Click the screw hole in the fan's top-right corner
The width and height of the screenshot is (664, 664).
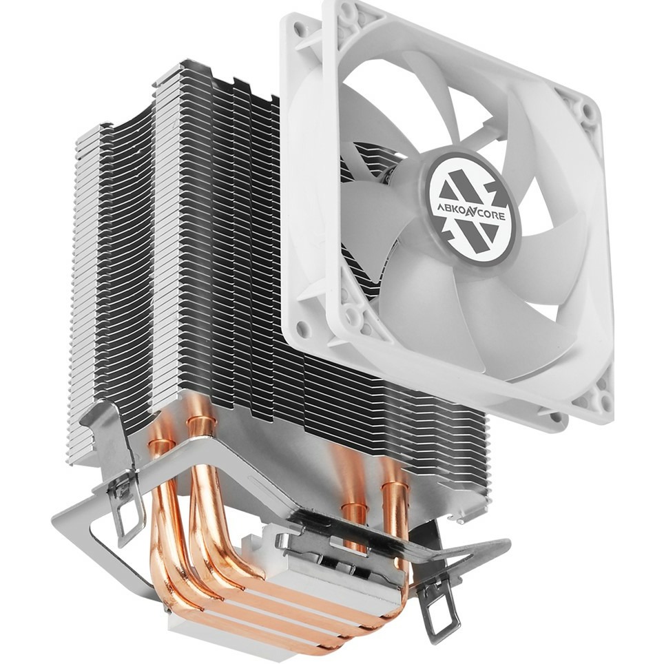(586, 110)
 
